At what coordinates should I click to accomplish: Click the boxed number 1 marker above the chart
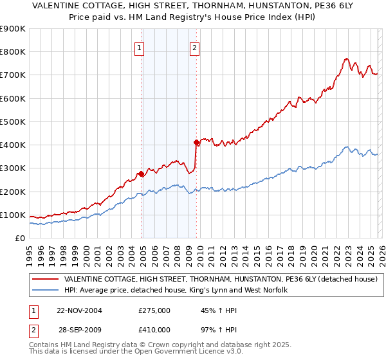pos(139,47)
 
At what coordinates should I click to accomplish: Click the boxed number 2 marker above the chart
pos(194,47)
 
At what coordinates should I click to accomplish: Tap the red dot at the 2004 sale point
pos(142,174)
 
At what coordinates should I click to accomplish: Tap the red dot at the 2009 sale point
pos(196,142)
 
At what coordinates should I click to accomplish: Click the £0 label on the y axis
pos(19,238)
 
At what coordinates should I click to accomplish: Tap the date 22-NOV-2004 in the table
pos(79,310)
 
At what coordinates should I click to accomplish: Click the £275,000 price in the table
pos(154,310)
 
